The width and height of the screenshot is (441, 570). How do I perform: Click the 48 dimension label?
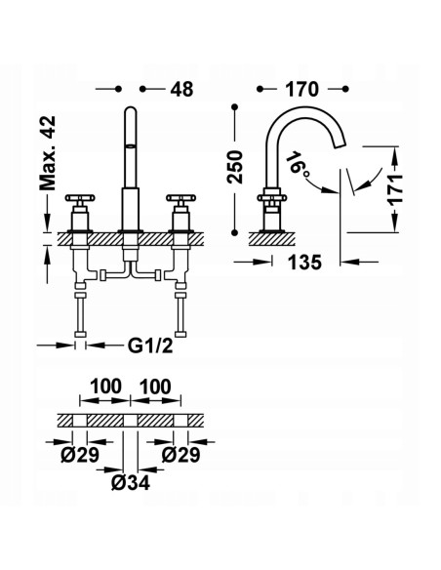[182, 89]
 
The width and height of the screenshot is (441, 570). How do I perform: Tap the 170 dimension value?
[301, 89]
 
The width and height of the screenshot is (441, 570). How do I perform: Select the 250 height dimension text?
[235, 167]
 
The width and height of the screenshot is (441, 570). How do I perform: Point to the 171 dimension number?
[395, 189]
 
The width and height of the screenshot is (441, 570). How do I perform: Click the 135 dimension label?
[304, 263]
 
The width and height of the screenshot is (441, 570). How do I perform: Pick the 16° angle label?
[299, 164]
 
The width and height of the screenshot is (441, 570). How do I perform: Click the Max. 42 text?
[48, 153]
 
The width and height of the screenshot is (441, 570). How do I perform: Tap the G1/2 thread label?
[150, 346]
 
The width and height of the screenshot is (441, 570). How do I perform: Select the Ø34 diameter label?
[131, 483]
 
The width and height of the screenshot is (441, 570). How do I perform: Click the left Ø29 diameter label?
[80, 455]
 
